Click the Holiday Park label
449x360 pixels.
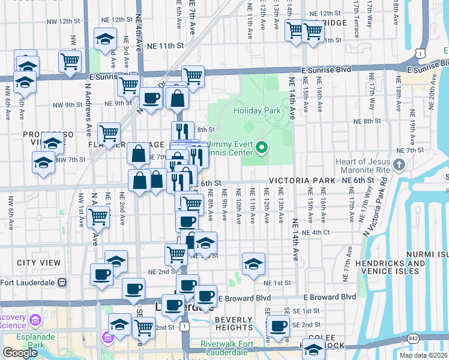[257, 111]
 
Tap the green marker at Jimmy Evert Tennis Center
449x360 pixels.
[262, 147]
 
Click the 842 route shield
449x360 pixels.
[414, 339]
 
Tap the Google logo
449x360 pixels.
[20, 352]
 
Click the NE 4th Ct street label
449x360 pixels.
[318, 232]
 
